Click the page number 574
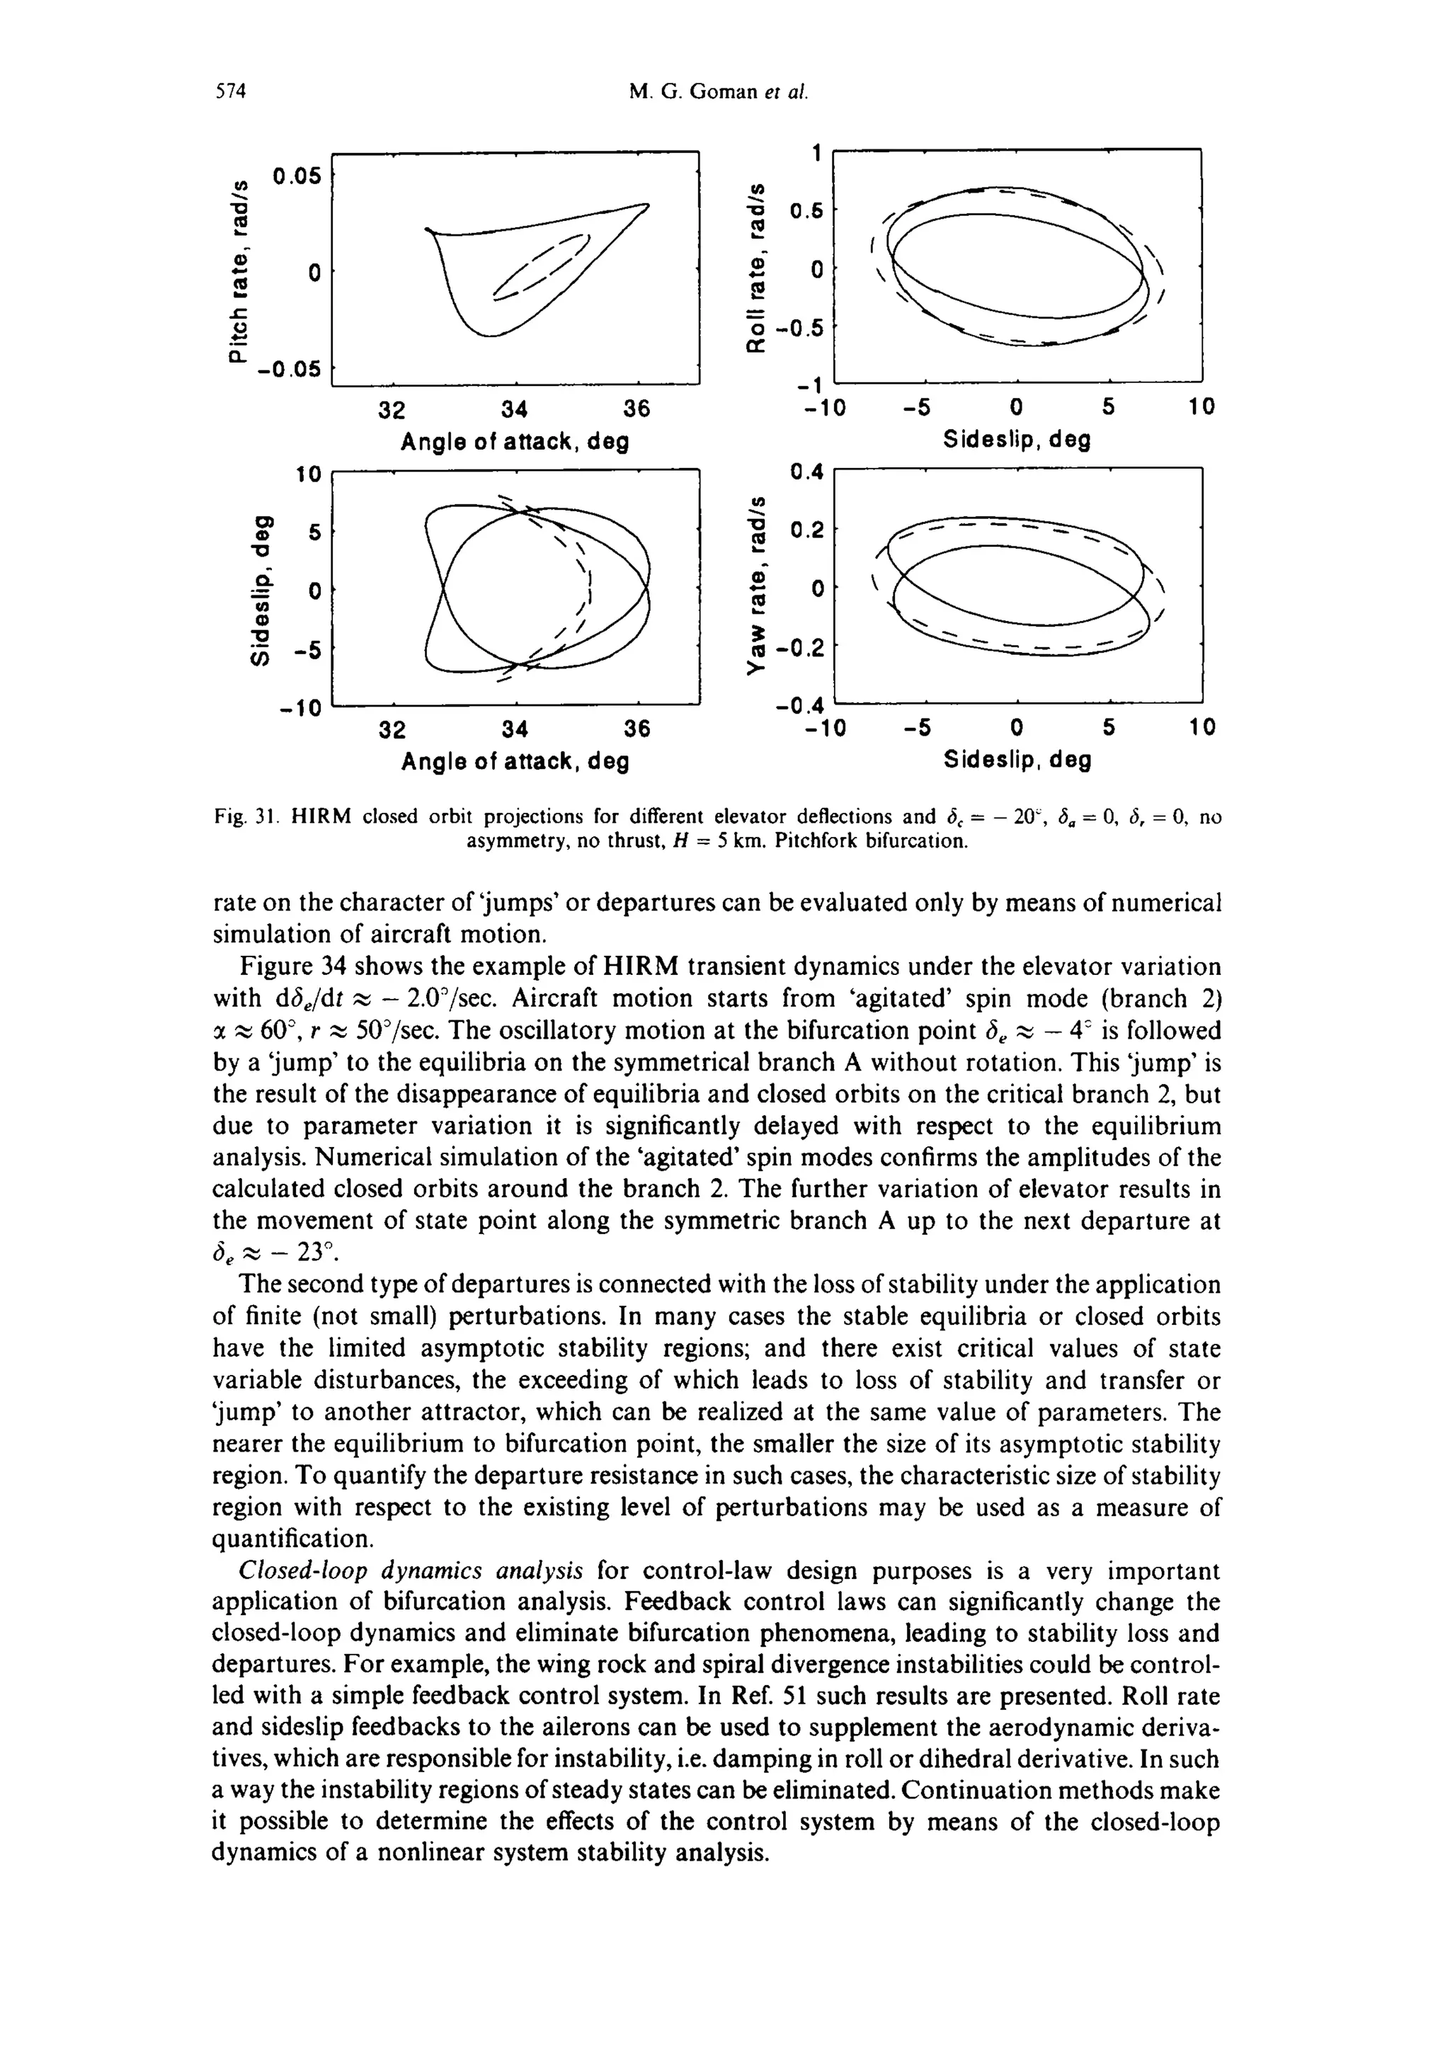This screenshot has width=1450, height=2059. pyautogui.click(x=231, y=91)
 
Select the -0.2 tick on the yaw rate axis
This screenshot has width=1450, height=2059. pyautogui.click(x=800, y=647)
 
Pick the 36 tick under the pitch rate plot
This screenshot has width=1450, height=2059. pyautogui.click(x=636, y=409)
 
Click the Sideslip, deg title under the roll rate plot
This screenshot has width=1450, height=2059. pyautogui.click(x=1017, y=440)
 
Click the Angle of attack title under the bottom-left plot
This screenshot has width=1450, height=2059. pyautogui.click(x=514, y=761)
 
